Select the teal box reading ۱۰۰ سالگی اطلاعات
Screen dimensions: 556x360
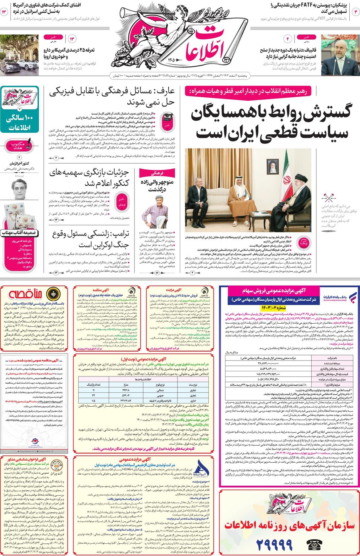pyautogui.click(x=20, y=123)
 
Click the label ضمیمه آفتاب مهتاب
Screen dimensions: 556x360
pyautogui.click(x=19, y=232)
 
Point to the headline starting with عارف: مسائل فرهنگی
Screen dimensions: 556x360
pyautogui.click(x=112, y=97)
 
